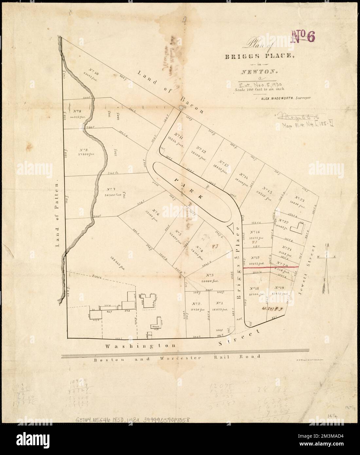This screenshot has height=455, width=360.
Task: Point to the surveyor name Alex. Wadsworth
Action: click(x=285, y=98)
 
